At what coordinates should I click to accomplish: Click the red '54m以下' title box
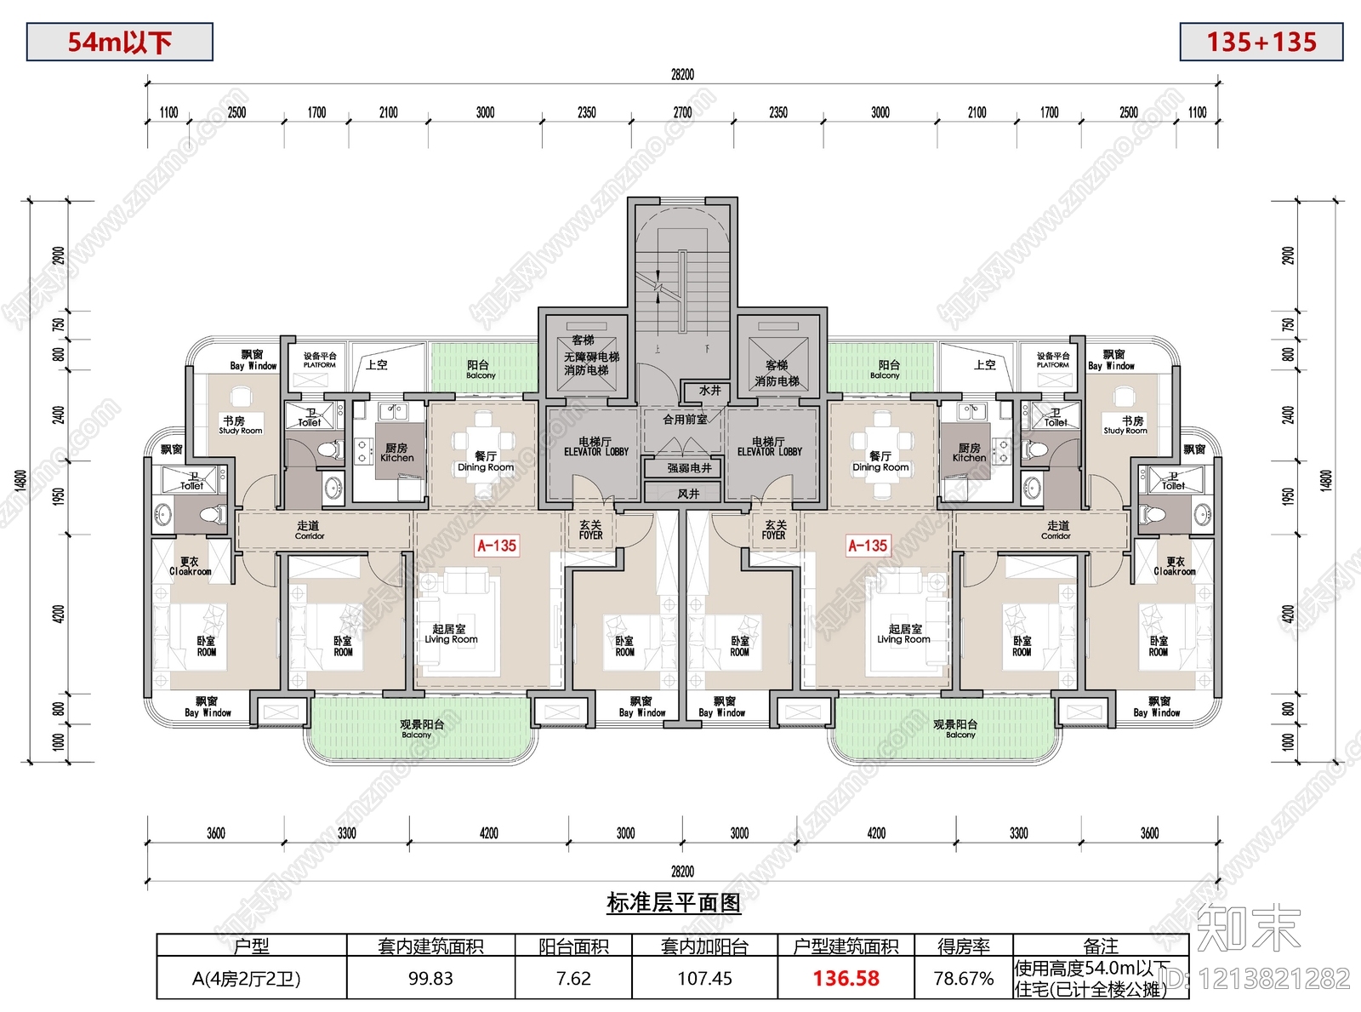119,42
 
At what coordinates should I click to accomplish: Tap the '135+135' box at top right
1261,42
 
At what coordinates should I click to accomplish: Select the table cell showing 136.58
846,979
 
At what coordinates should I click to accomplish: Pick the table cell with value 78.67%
963,979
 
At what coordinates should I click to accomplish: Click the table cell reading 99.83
430,979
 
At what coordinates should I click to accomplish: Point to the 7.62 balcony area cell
573,979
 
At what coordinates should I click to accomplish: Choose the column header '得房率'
963,946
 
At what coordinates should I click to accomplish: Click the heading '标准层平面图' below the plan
674,903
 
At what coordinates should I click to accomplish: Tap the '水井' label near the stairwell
709,391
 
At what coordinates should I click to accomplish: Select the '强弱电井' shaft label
689,468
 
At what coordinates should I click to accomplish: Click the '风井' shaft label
688,494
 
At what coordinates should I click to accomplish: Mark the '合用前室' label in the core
685,420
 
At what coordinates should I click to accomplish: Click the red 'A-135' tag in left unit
497,546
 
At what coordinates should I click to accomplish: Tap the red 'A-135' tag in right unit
868,546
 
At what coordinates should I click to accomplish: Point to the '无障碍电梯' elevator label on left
591,357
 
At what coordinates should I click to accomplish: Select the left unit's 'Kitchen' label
396,457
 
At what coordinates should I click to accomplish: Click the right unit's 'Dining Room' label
880,467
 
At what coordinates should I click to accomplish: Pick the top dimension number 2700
682,112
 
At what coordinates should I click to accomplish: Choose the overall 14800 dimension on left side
21,481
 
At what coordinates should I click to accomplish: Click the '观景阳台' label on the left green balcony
422,724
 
